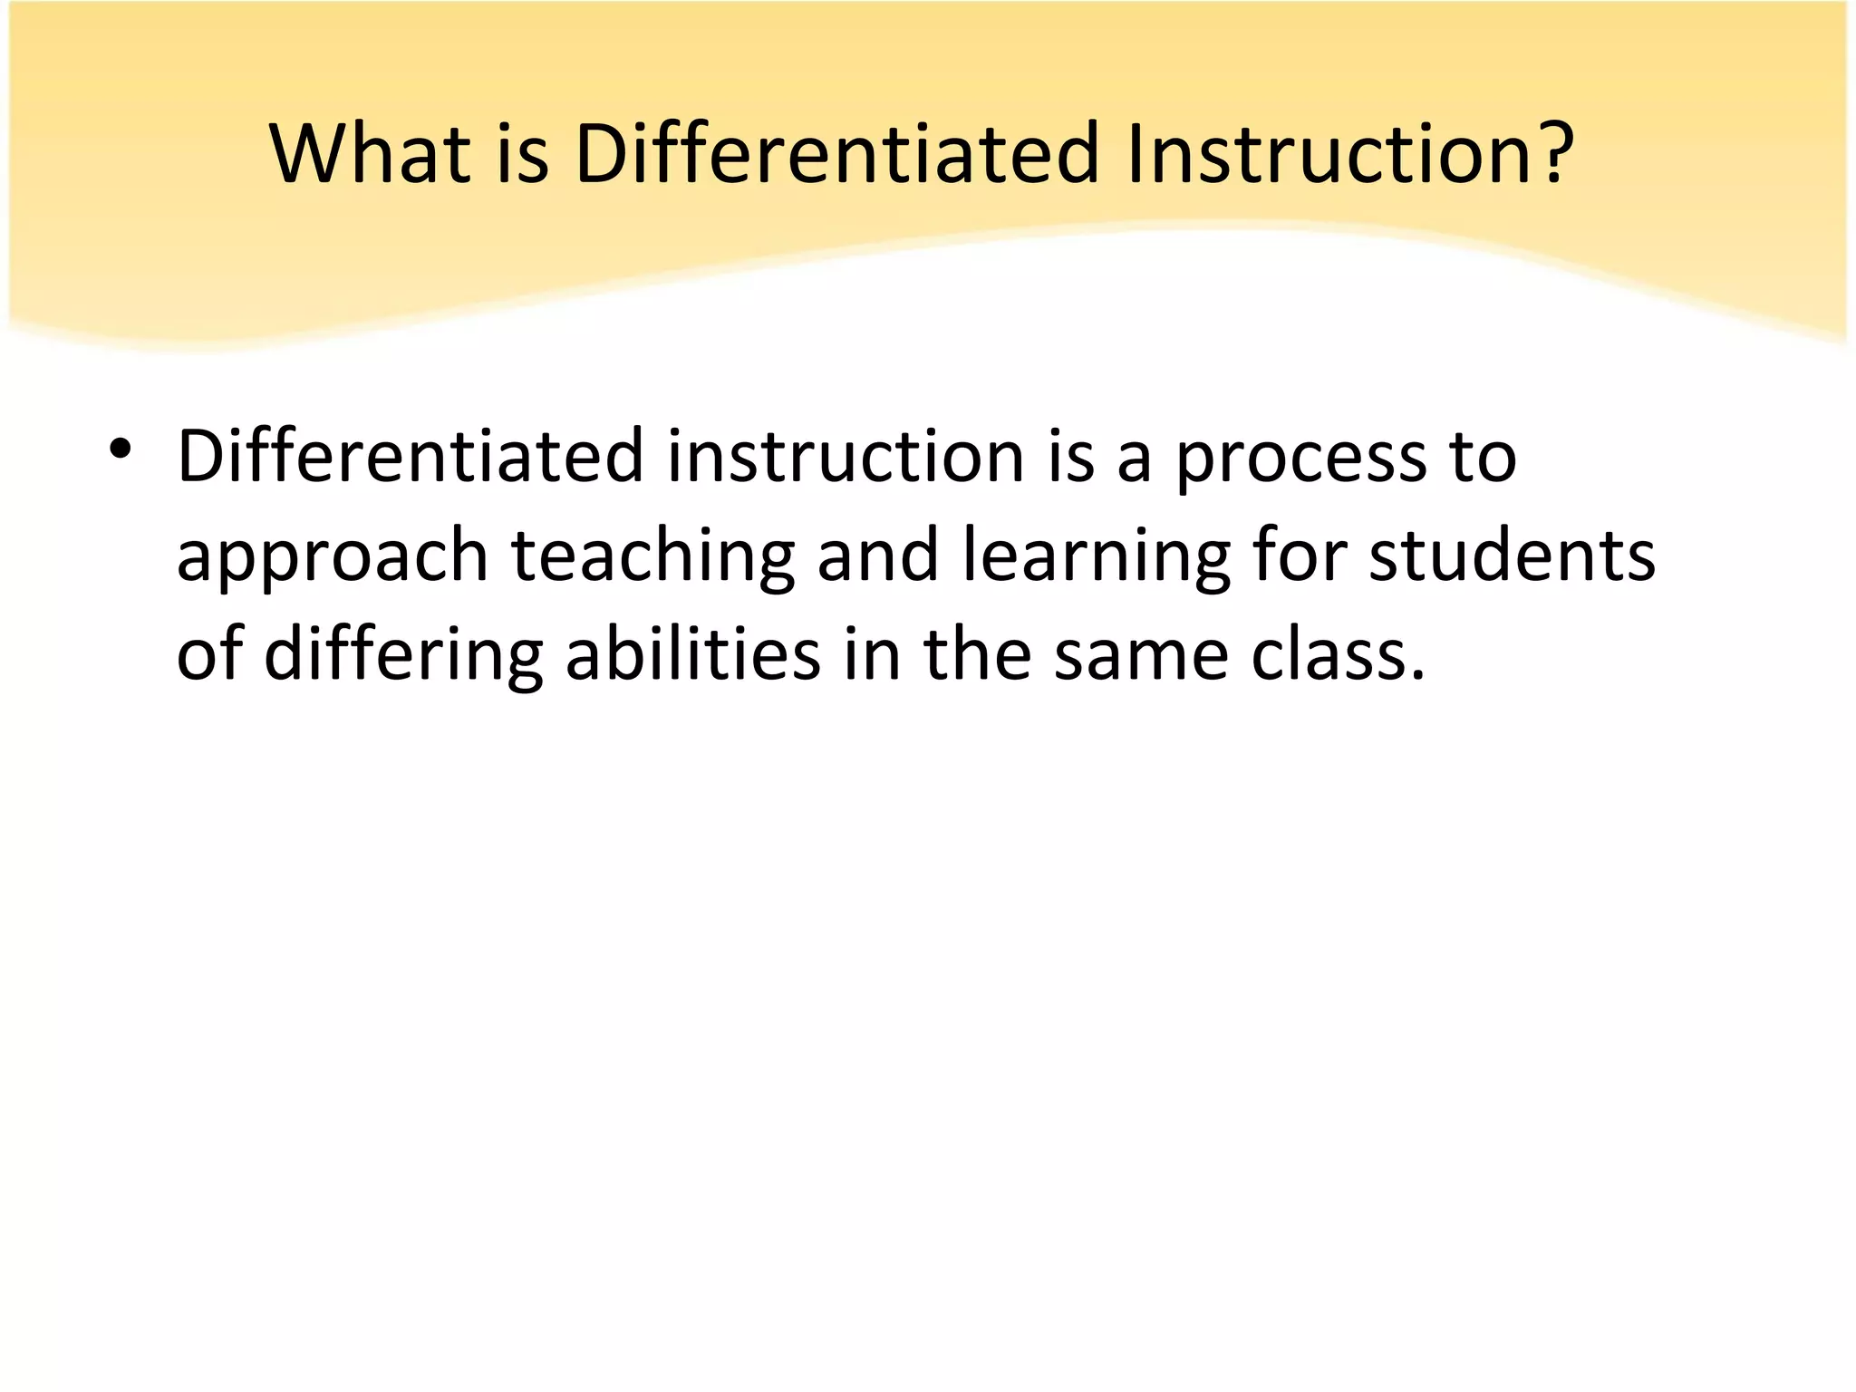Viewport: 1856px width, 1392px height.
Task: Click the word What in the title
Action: coord(371,153)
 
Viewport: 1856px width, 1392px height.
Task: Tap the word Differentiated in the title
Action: coord(837,153)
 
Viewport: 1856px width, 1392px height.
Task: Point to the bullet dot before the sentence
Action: coord(120,450)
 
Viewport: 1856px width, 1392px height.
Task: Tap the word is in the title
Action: coord(523,153)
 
